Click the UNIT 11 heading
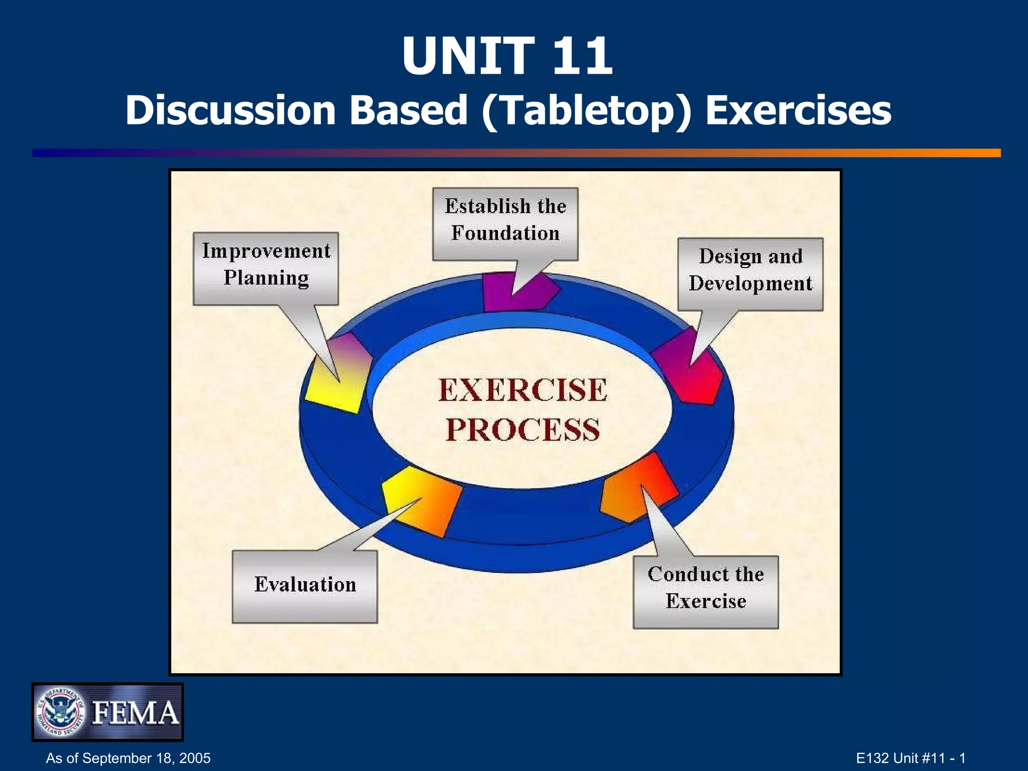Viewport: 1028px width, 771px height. point(507,56)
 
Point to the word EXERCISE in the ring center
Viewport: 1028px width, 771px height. point(523,391)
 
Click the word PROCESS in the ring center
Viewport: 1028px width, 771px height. point(523,430)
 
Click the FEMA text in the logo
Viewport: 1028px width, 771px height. point(136,713)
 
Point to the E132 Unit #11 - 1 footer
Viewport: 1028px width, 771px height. point(911,758)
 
